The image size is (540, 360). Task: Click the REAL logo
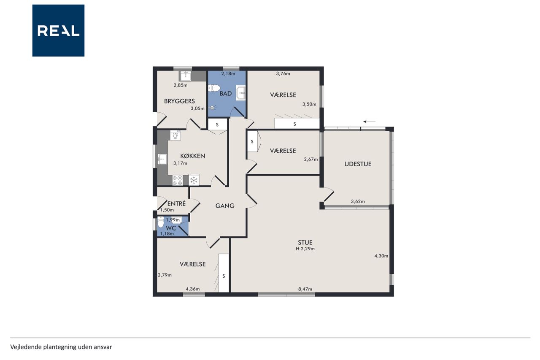(58, 30)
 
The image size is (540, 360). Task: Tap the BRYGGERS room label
(179, 101)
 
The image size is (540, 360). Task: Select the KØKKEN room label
(193, 156)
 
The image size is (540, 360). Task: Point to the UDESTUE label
(358, 164)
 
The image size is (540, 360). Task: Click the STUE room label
(305, 242)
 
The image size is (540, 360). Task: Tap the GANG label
(225, 206)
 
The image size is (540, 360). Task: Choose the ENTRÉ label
(176, 203)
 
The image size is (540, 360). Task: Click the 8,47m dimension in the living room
(305, 289)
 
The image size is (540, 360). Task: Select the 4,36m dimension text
(193, 289)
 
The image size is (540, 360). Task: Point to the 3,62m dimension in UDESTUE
(358, 201)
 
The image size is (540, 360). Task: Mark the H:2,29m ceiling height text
(305, 249)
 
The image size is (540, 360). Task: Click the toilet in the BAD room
(213, 88)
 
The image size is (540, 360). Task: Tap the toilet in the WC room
(160, 222)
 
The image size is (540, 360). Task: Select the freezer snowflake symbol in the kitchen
(194, 180)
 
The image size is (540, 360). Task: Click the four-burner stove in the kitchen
(178, 181)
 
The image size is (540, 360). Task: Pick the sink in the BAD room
(240, 93)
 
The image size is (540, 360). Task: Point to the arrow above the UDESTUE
(369, 122)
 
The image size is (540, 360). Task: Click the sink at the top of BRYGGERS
(185, 76)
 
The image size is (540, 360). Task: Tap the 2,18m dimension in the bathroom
(228, 73)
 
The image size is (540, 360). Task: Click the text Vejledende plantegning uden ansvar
(61, 347)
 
